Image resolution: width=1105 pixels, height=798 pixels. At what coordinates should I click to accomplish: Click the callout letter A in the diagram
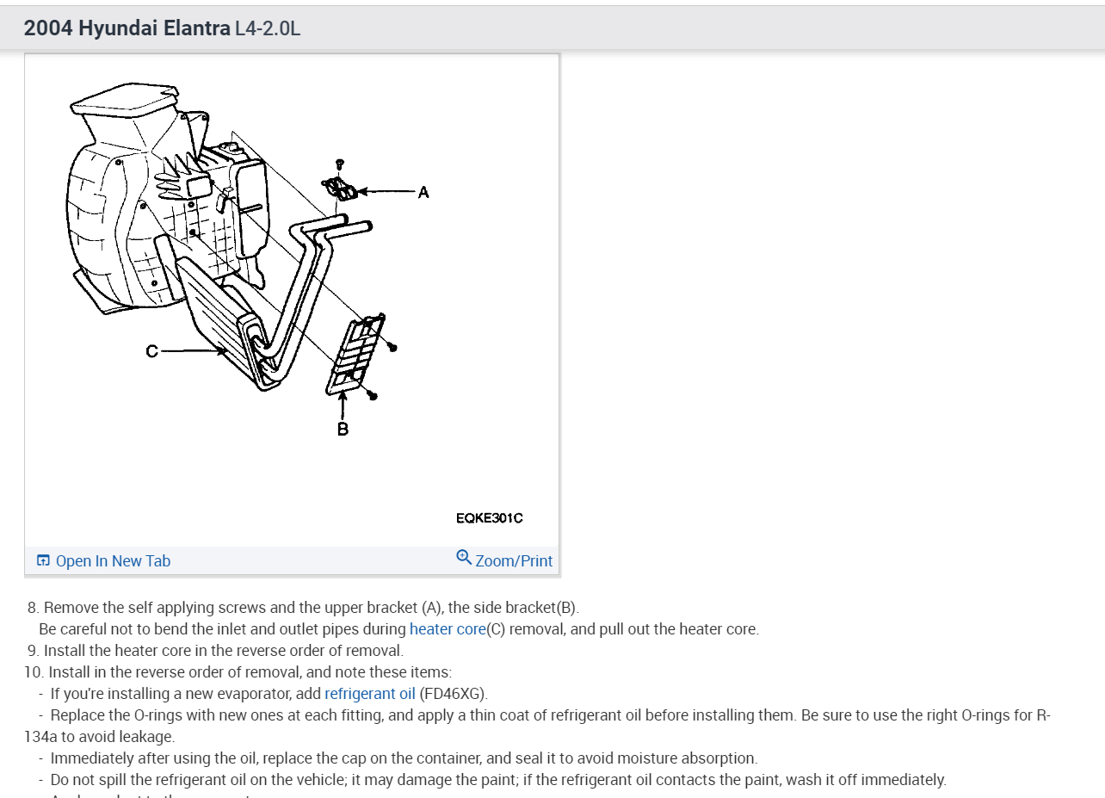tap(423, 192)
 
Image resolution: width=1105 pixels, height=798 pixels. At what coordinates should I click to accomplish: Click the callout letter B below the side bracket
tap(343, 428)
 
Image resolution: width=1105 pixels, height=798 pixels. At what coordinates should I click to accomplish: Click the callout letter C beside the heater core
tap(151, 350)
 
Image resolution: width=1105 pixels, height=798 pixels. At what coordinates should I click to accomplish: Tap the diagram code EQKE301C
tap(489, 517)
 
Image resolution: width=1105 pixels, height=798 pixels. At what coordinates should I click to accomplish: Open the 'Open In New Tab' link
tap(113, 560)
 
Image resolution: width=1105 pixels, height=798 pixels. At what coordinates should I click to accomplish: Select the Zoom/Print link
tap(514, 560)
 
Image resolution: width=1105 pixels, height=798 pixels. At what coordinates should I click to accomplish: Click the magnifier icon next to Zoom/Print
tap(464, 558)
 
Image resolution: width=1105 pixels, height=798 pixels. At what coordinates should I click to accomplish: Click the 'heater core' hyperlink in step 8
tap(448, 628)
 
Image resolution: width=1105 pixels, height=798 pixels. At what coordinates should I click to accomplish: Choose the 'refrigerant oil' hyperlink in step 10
tap(370, 693)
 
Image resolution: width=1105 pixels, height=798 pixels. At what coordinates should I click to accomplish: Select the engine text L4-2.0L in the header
tap(268, 28)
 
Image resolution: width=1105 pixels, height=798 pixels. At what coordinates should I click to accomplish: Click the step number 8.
tap(33, 607)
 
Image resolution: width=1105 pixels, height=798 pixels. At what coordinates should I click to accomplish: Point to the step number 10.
tap(33, 671)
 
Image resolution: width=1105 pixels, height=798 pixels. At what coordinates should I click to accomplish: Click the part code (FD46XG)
tap(453, 693)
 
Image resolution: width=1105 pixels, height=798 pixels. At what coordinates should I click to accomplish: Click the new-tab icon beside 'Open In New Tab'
tap(43, 560)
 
